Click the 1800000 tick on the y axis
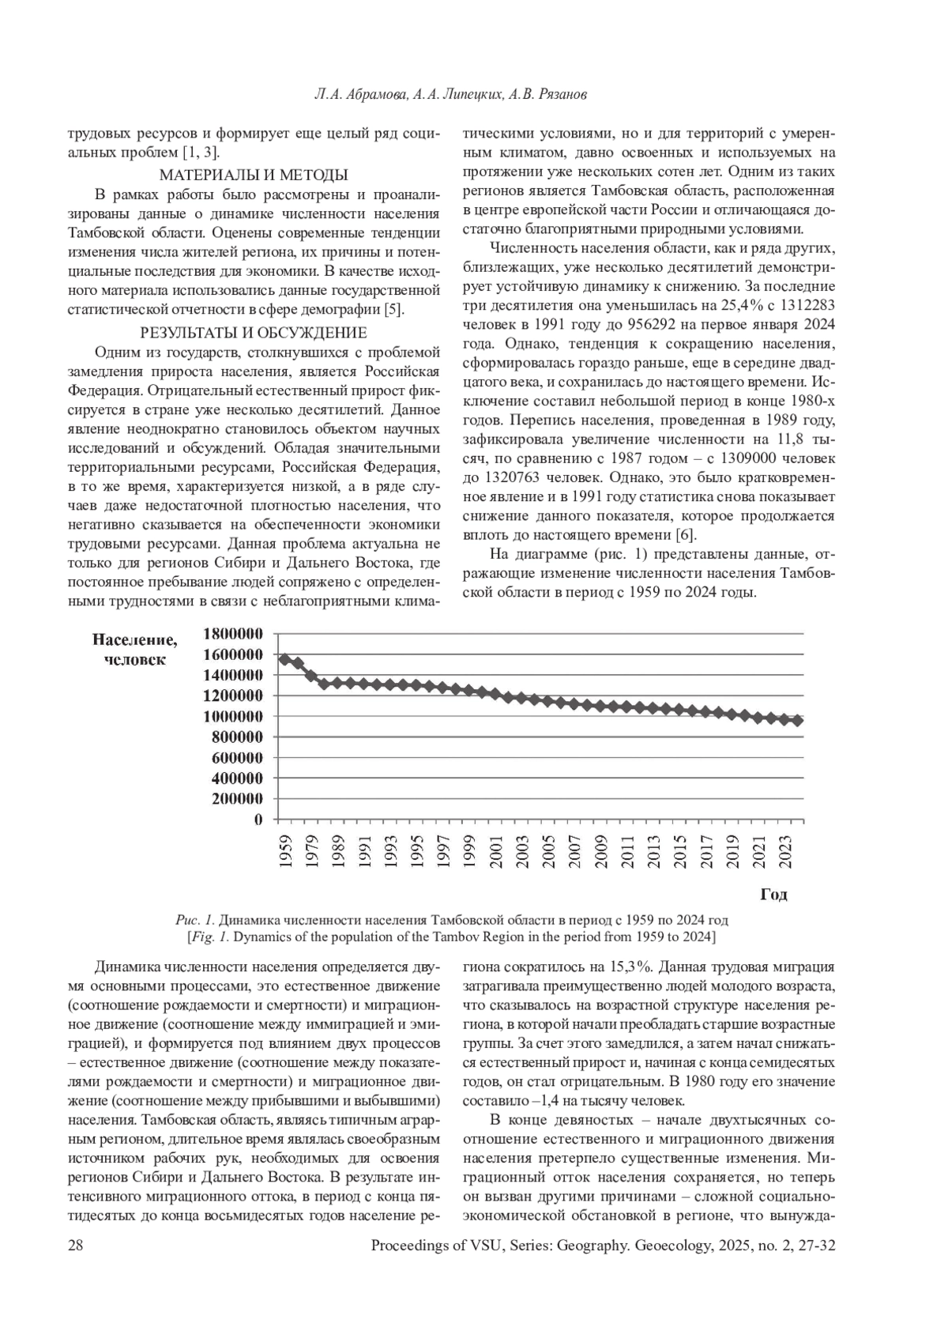click(233, 634)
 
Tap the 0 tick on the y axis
click(258, 820)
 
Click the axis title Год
click(773, 895)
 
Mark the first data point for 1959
click(284, 659)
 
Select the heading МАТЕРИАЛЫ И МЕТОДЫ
click(254, 175)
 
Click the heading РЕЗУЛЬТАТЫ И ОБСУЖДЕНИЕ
click(254, 333)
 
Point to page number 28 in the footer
click(76, 1246)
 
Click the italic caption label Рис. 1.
click(195, 920)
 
